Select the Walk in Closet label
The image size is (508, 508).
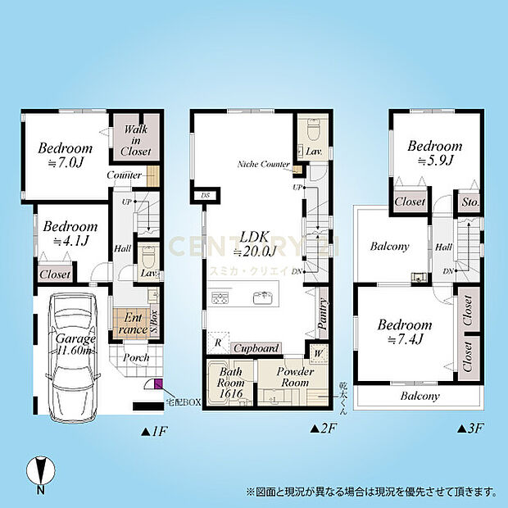pyautogui.click(x=136, y=141)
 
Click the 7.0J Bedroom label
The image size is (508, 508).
pyautogui.click(x=65, y=156)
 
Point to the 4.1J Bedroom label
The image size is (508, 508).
pyautogui.click(x=69, y=233)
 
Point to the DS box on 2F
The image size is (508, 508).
pyautogui.click(x=204, y=196)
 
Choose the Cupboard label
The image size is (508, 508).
pyautogui.click(x=257, y=348)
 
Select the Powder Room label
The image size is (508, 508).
pyautogui.click(x=294, y=377)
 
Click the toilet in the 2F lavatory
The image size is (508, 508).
pyautogui.click(x=313, y=131)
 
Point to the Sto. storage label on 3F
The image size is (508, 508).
pyautogui.click(x=469, y=202)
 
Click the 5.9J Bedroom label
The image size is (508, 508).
pyautogui.click(x=434, y=153)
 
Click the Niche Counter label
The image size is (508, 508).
pyautogui.click(x=264, y=165)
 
